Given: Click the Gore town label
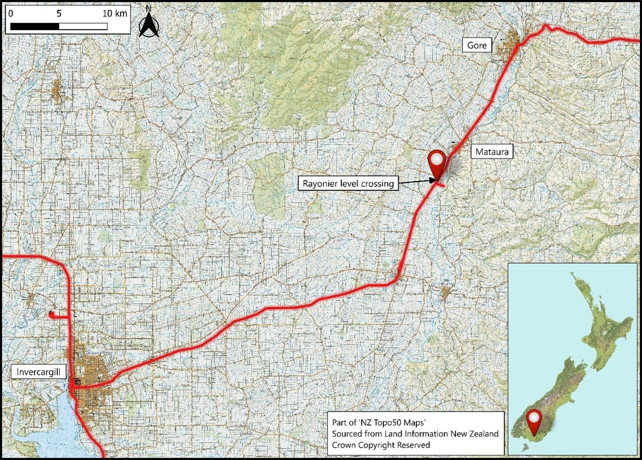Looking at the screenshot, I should coord(477,45).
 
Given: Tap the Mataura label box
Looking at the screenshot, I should coord(492,152).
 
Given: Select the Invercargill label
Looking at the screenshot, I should coord(38,372).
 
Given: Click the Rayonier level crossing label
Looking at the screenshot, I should coord(348,184).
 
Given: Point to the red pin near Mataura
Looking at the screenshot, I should coord(436,163).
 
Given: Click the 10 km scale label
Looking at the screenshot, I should coord(115,14).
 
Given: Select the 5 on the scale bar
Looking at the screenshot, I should coord(59,14).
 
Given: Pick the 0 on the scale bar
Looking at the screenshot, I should coord(11,14).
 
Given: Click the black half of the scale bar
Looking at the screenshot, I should coord(35,26).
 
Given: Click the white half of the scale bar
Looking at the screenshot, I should coord(83,26).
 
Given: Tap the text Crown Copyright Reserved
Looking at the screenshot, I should coord(381,445).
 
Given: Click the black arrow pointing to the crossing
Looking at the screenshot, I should coord(416,182).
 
